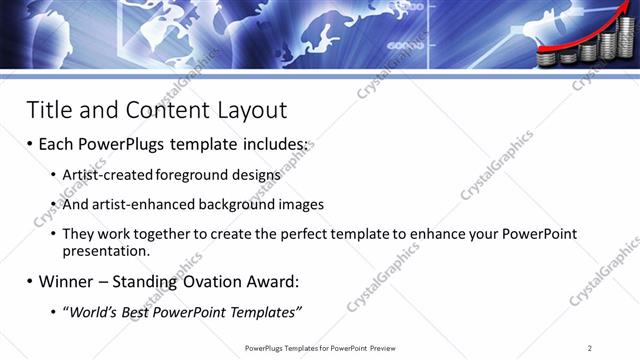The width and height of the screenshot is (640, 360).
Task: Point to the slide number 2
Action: [x=589, y=347]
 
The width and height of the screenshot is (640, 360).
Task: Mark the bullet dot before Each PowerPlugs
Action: [x=30, y=145]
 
